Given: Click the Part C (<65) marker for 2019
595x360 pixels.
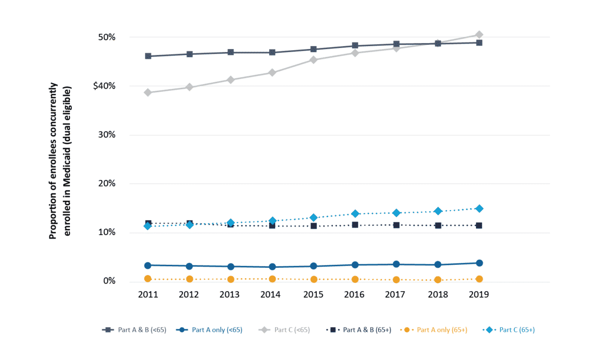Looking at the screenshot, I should pyautogui.click(x=479, y=35).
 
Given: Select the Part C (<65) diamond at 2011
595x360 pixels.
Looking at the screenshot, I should pyautogui.click(x=148, y=93).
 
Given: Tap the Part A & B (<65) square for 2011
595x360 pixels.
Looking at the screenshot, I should pyautogui.click(x=148, y=56).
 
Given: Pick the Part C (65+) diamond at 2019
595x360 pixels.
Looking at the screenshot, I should pyautogui.click(x=479, y=209).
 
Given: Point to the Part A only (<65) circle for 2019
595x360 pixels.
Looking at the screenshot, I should pyautogui.click(x=479, y=263).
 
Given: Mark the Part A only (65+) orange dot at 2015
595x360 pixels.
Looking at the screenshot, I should pyautogui.click(x=313, y=279).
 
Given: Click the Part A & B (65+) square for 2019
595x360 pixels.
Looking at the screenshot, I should pyautogui.click(x=479, y=226).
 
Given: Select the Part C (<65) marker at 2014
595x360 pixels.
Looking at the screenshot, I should pyautogui.click(x=272, y=72).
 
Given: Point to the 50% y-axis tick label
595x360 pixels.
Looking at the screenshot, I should pyautogui.click(x=106, y=37).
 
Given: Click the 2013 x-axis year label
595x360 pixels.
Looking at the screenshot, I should pyautogui.click(x=231, y=295).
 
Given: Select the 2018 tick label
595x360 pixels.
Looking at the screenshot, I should pyautogui.click(x=438, y=295).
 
